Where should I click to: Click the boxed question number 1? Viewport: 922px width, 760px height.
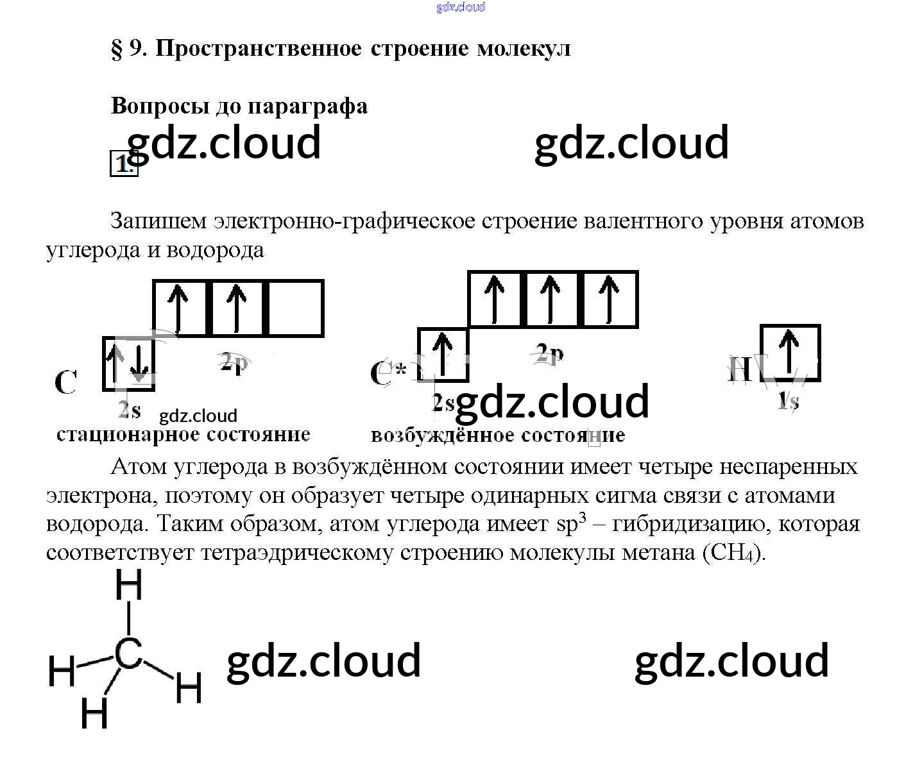123,164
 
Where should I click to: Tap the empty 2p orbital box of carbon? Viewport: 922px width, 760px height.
295,308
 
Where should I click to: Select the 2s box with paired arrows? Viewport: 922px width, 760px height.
129,363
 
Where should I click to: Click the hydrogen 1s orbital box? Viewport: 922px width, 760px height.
790,353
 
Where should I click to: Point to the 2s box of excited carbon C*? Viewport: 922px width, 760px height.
443,355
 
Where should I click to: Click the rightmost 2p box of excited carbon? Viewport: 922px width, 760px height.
610,299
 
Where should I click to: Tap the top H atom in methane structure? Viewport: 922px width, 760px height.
128,585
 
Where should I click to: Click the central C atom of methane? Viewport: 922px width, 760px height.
129,654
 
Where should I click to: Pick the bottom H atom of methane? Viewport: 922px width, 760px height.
94,713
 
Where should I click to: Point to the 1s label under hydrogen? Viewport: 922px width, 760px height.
788,401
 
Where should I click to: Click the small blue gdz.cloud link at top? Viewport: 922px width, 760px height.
461,7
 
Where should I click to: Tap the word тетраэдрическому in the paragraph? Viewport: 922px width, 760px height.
297,552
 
